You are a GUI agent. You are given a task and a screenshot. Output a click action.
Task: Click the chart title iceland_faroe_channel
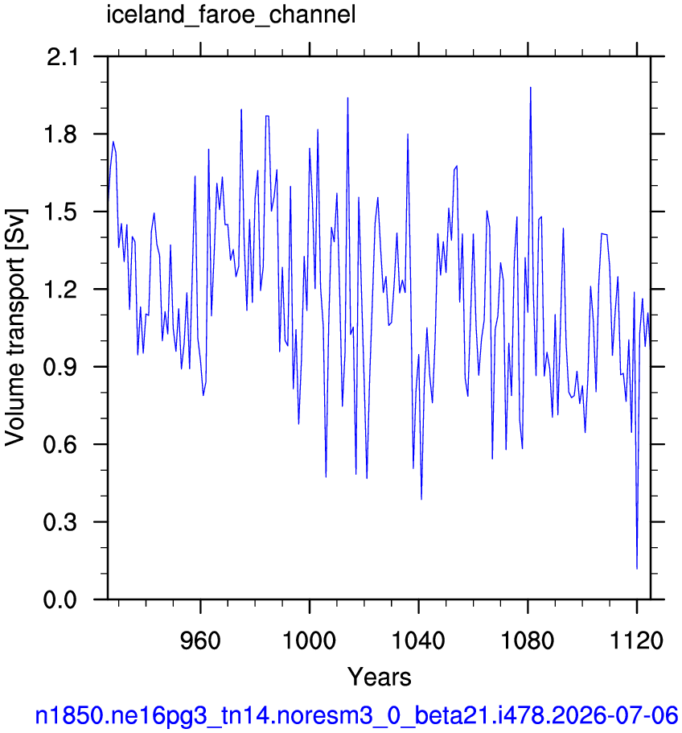pyautogui.click(x=231, y=15)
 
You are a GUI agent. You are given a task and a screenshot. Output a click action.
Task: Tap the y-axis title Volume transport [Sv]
pyautogui.click(x=15, y=327)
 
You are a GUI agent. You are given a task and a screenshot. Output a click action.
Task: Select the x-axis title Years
pyautogui.click(x=379, y=677)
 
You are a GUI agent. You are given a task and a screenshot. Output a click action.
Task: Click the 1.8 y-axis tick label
pyautogui.click(x=60, y=134)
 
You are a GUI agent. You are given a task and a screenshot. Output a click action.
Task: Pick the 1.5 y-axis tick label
pyautogui.click(x=60, y=212)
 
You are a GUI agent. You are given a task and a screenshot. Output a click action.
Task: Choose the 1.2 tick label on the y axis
pyautogui.click(x=60, y=290)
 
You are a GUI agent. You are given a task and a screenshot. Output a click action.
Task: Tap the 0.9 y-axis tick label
pyautogui.click(x=60, y=367)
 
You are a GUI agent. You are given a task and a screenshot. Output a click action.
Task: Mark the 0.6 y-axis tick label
pyautogui.click(x=60, y=445)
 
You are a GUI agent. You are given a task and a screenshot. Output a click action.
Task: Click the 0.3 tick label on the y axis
pyautogui.click(x=60, y=522)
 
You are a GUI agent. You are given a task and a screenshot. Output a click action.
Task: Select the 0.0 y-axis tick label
pyautogui.click(x=60, y=599)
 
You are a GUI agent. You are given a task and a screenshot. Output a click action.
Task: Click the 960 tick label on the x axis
pyautogui.click(x=200, y=640)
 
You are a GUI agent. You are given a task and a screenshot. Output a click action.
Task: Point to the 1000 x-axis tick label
pyautogui.click(x=310, y=640)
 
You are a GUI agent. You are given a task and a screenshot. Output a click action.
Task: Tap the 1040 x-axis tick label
pyautogui.click(x=418, y=640)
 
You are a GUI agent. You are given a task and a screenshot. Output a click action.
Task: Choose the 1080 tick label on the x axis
pyautogui.click(x=528, y=640)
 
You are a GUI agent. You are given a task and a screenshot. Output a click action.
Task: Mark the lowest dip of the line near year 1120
pyautogui.click(x=637, y=568)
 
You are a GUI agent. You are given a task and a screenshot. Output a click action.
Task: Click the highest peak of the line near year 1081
pyautogui.click(x=530, y=88)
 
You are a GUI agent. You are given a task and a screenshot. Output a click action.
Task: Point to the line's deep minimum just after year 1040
pyautogui.click(x=421, y=499)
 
